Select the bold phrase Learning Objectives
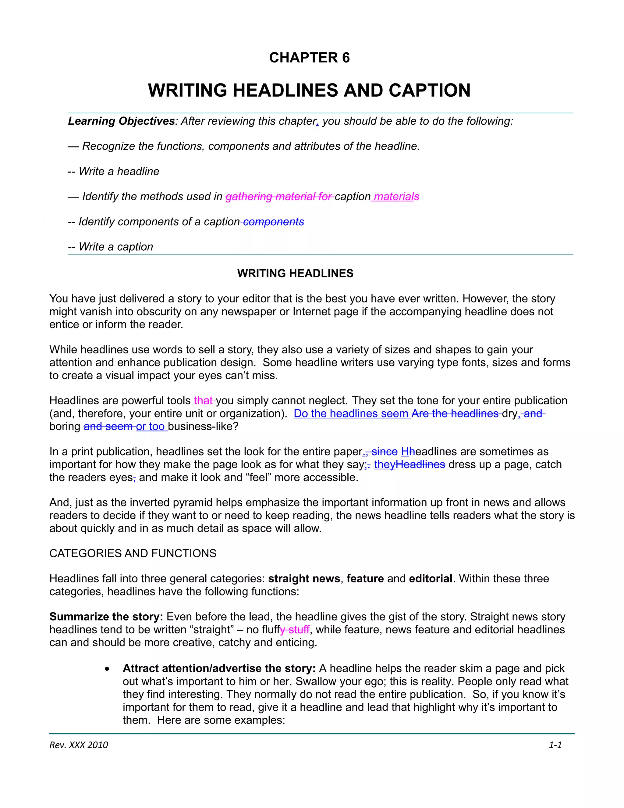click(121, 121)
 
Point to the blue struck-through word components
click(273, 222)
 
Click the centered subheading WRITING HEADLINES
click(295, 274)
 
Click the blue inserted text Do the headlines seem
click(350, 414)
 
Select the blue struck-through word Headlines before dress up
click(420, 465)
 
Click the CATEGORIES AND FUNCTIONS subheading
click(133, 553)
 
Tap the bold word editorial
click(430, 579)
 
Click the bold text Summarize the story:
click(106, 617)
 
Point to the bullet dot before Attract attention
click(107, 669)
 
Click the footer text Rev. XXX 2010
click(79, 745)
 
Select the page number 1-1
click(555, 745)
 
